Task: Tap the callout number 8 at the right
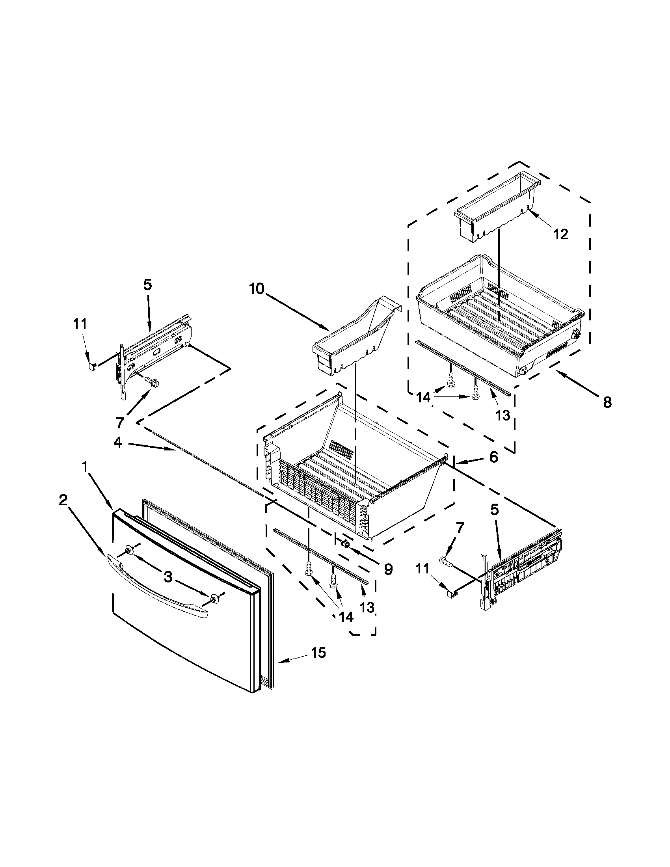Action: click(607, 402)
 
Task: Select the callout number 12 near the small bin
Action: click(560, 234)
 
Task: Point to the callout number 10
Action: click(257, 289)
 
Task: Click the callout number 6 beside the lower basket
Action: click(493, 457)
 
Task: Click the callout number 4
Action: click(118, 442)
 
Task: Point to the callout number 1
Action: click(85, 468)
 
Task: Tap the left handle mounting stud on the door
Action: click(129, 549)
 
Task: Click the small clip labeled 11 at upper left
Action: click(91, 366)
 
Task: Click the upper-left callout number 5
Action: click(147, 285)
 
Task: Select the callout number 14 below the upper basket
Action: click(423, 397)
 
